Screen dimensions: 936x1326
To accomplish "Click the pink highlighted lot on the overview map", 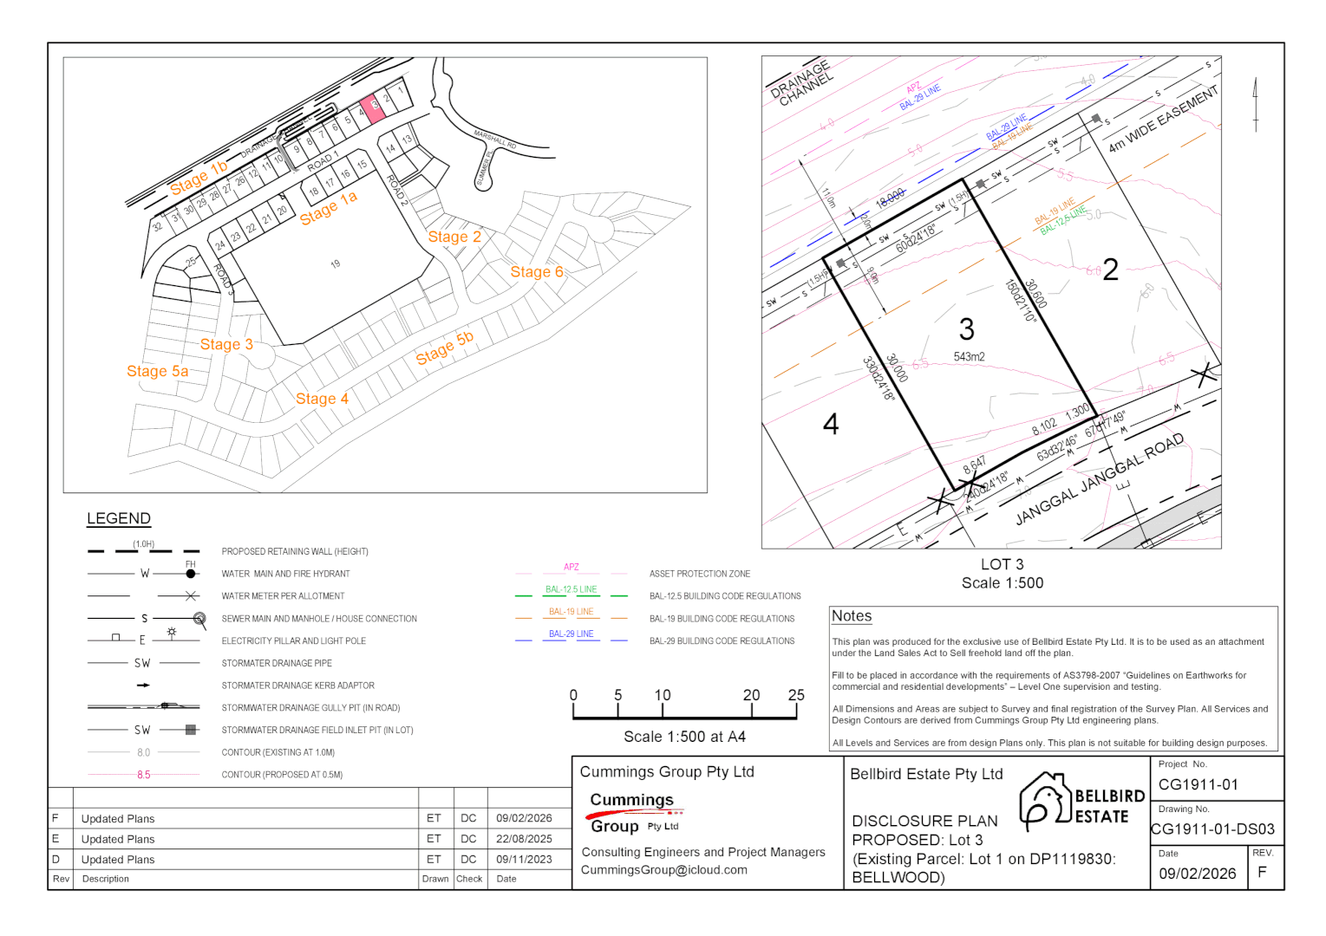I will [x=372, y=108].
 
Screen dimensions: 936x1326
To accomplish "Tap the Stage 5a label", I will [x=157, y=371].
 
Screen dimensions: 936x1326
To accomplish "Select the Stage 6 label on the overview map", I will [x=536, y=272].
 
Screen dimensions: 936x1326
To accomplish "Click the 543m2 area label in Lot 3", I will [x=969, y=357].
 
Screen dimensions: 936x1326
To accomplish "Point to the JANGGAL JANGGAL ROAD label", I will [x=1099, y=480].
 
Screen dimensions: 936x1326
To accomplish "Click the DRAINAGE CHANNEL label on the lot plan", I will [x=801, y=83].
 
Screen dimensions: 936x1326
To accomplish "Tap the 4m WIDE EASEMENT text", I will [x=1163, y=120].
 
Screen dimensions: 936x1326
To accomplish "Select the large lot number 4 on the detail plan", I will [x=831, y=424].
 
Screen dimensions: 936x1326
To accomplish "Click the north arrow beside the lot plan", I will [x=1255, y=104].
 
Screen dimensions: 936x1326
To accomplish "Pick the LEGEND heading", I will [x=119, y=518].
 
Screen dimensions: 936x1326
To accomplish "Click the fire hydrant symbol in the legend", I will [x=191, y=573].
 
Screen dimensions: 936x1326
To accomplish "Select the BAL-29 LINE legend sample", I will [x=571, y=634].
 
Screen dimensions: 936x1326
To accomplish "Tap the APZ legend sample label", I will [x=571, y=567].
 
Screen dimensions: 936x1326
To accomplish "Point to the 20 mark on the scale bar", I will [x=751, y=695].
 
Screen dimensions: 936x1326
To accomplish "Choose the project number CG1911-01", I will [x=1198, y=784].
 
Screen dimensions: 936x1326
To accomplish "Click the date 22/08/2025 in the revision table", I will [x=524, y=839].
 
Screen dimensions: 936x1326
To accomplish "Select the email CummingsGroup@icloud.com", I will [x=663, y=870].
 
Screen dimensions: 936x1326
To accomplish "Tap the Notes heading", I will [x=851, y=616].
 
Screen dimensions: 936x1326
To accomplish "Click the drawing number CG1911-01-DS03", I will [x=1212, y=829].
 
